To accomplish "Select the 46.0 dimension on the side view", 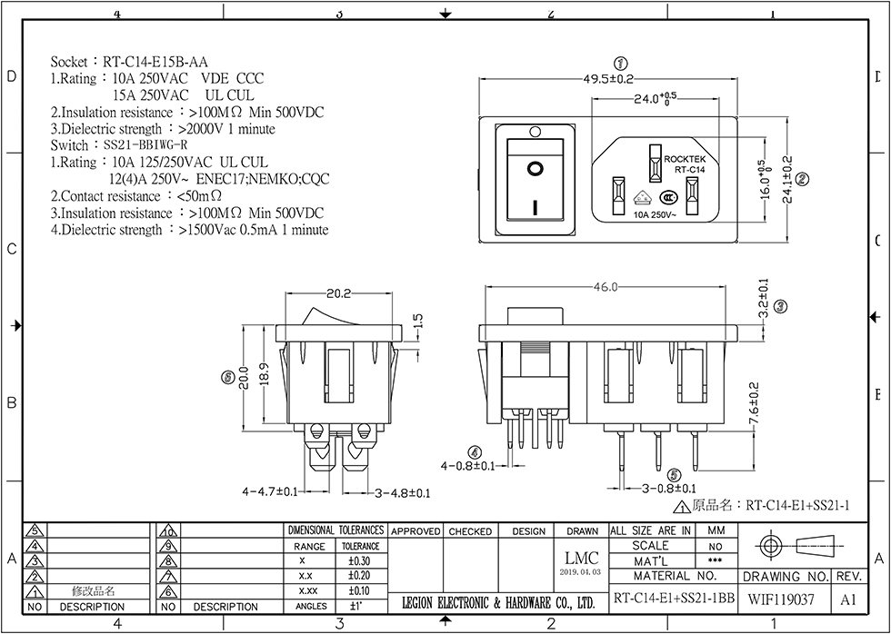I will click(606, 287).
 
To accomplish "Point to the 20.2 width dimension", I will click(338, 293).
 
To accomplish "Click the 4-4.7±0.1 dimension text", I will click(270, 491).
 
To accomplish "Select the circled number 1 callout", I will click(622, 63).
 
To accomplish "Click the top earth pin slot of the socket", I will click(653, 162).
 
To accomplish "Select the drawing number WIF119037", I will click(781, 599).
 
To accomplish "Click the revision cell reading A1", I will click(848, 599).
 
